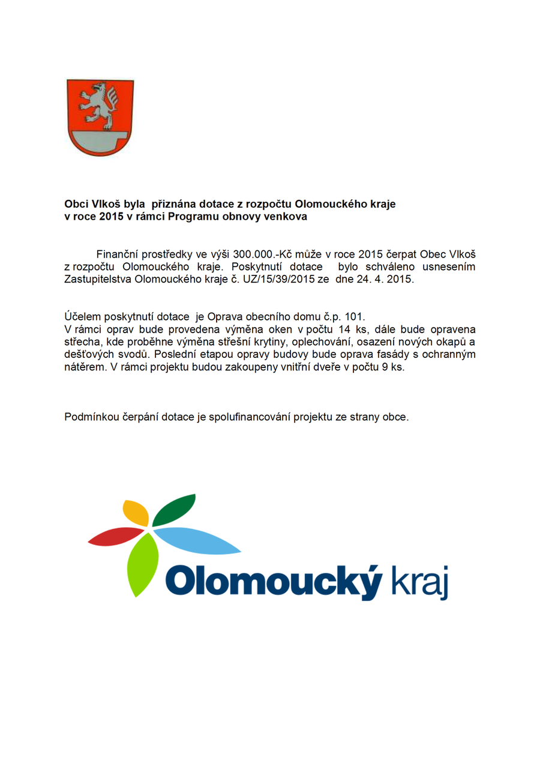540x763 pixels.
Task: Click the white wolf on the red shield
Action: [100, 104]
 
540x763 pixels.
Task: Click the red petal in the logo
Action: [116, 537]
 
